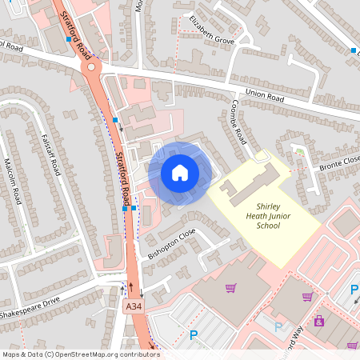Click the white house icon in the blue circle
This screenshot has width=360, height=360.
click(180, 173)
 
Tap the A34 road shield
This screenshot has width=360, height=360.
click(134, 306)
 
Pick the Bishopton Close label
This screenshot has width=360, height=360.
click(171, 244)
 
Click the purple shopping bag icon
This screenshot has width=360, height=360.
click(319, 321)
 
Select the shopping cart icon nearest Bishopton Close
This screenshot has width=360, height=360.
click(231, 288)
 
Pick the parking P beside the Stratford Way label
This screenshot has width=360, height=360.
click(278, 327)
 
